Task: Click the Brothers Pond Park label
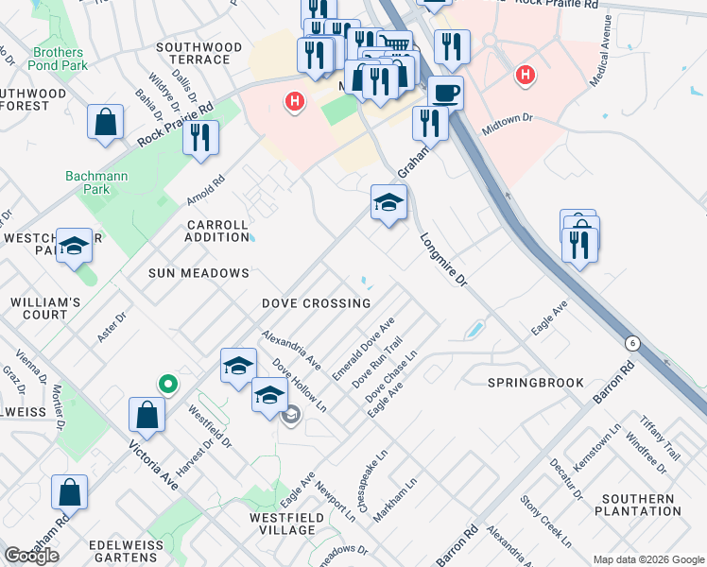coord(59,59)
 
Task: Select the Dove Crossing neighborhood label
coord(317,303)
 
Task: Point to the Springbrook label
coord(526,383)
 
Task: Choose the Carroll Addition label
coord(217,232)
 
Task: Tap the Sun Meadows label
coord(198,273)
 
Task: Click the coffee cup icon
coord(445,93)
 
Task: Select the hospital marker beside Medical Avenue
coord(524,74)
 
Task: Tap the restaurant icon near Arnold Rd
coord(200,137)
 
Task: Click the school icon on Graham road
coord(388,202)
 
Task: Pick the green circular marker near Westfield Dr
coord(167,383)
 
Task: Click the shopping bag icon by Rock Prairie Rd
coord(106,123)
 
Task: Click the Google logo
coord(32,555)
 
